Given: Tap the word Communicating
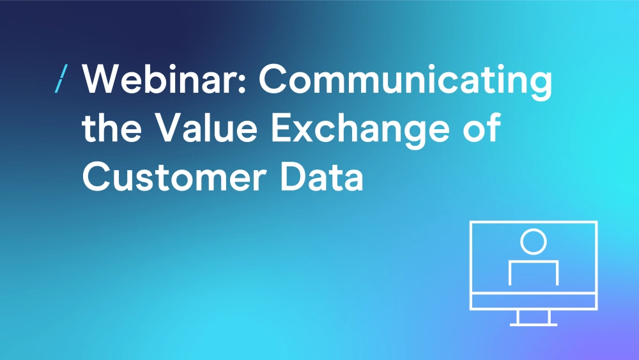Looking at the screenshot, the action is pyautogui.click(x=406, y=82).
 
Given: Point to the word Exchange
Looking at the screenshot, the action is pyautogui.click(x=360, y=130).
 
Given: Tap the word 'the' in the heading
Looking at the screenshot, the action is pyautogui.click(x=112, y=128).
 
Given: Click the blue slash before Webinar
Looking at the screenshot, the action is pyautogui.click(x=61, y=78).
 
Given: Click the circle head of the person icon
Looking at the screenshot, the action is pyautogui.click(x=534, y=242).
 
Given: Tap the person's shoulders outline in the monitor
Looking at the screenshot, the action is pyautogui.click(x=534, y=263).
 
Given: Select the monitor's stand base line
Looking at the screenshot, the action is pyautogui.click(x=534, y=325).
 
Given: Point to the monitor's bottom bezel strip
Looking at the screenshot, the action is pyautogui.click(x=534, y=301).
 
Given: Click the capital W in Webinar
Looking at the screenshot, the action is pyautogui.click(x=102, y=79).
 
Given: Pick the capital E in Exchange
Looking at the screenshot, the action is pyautogui.click(x=282, y=128).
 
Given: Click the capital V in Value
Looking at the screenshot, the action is pyautogui.click(x=169, y=128).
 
